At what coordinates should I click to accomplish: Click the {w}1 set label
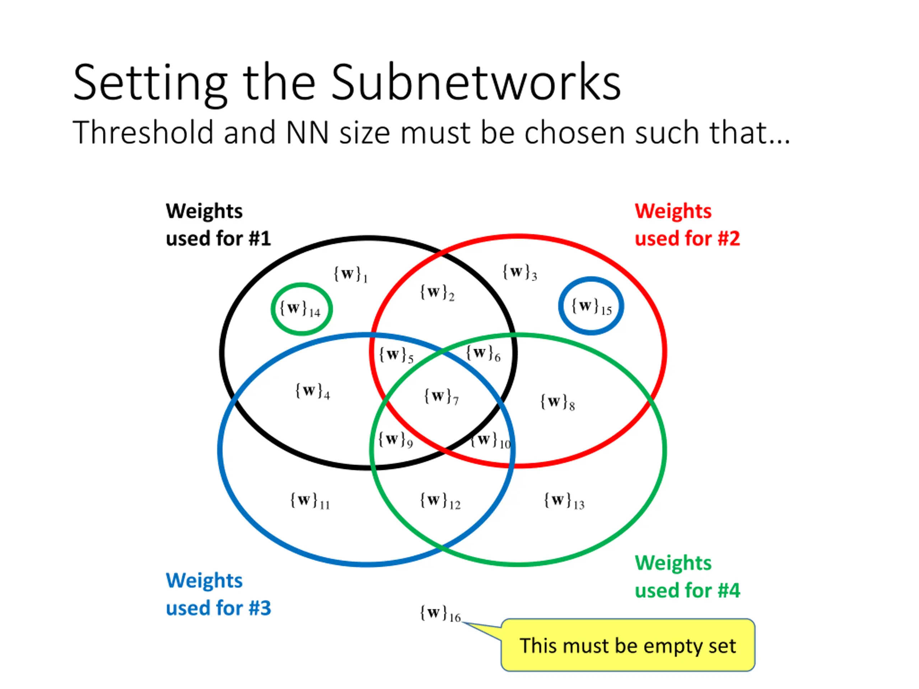[x=350, y=275]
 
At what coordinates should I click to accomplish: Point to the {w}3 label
[x=519, y=272]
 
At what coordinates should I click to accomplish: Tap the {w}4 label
[x=312, y=391]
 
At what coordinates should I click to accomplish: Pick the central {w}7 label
[x=441, y=397]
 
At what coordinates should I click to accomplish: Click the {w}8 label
[x=557, y=402]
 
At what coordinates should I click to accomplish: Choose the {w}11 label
[x=309, y=501]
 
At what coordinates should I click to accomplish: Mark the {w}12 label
[x=440, y=501]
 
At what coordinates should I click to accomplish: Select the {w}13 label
[x=564, y=501]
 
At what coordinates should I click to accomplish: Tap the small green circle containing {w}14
[x=302, y=309]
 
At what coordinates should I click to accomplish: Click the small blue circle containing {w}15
[x=591, y=306]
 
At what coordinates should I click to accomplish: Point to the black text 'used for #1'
[x=218, y=239]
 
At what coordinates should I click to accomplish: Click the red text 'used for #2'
[x=687, y=239]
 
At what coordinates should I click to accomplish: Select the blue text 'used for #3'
[x=218, y=608]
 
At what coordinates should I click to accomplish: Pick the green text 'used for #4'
[x=687, y=590]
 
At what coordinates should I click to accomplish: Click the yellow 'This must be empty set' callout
[x=628, y=645]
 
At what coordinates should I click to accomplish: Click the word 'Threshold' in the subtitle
[x=143, y=133]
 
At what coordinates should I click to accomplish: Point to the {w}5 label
[x=396, y=356]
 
